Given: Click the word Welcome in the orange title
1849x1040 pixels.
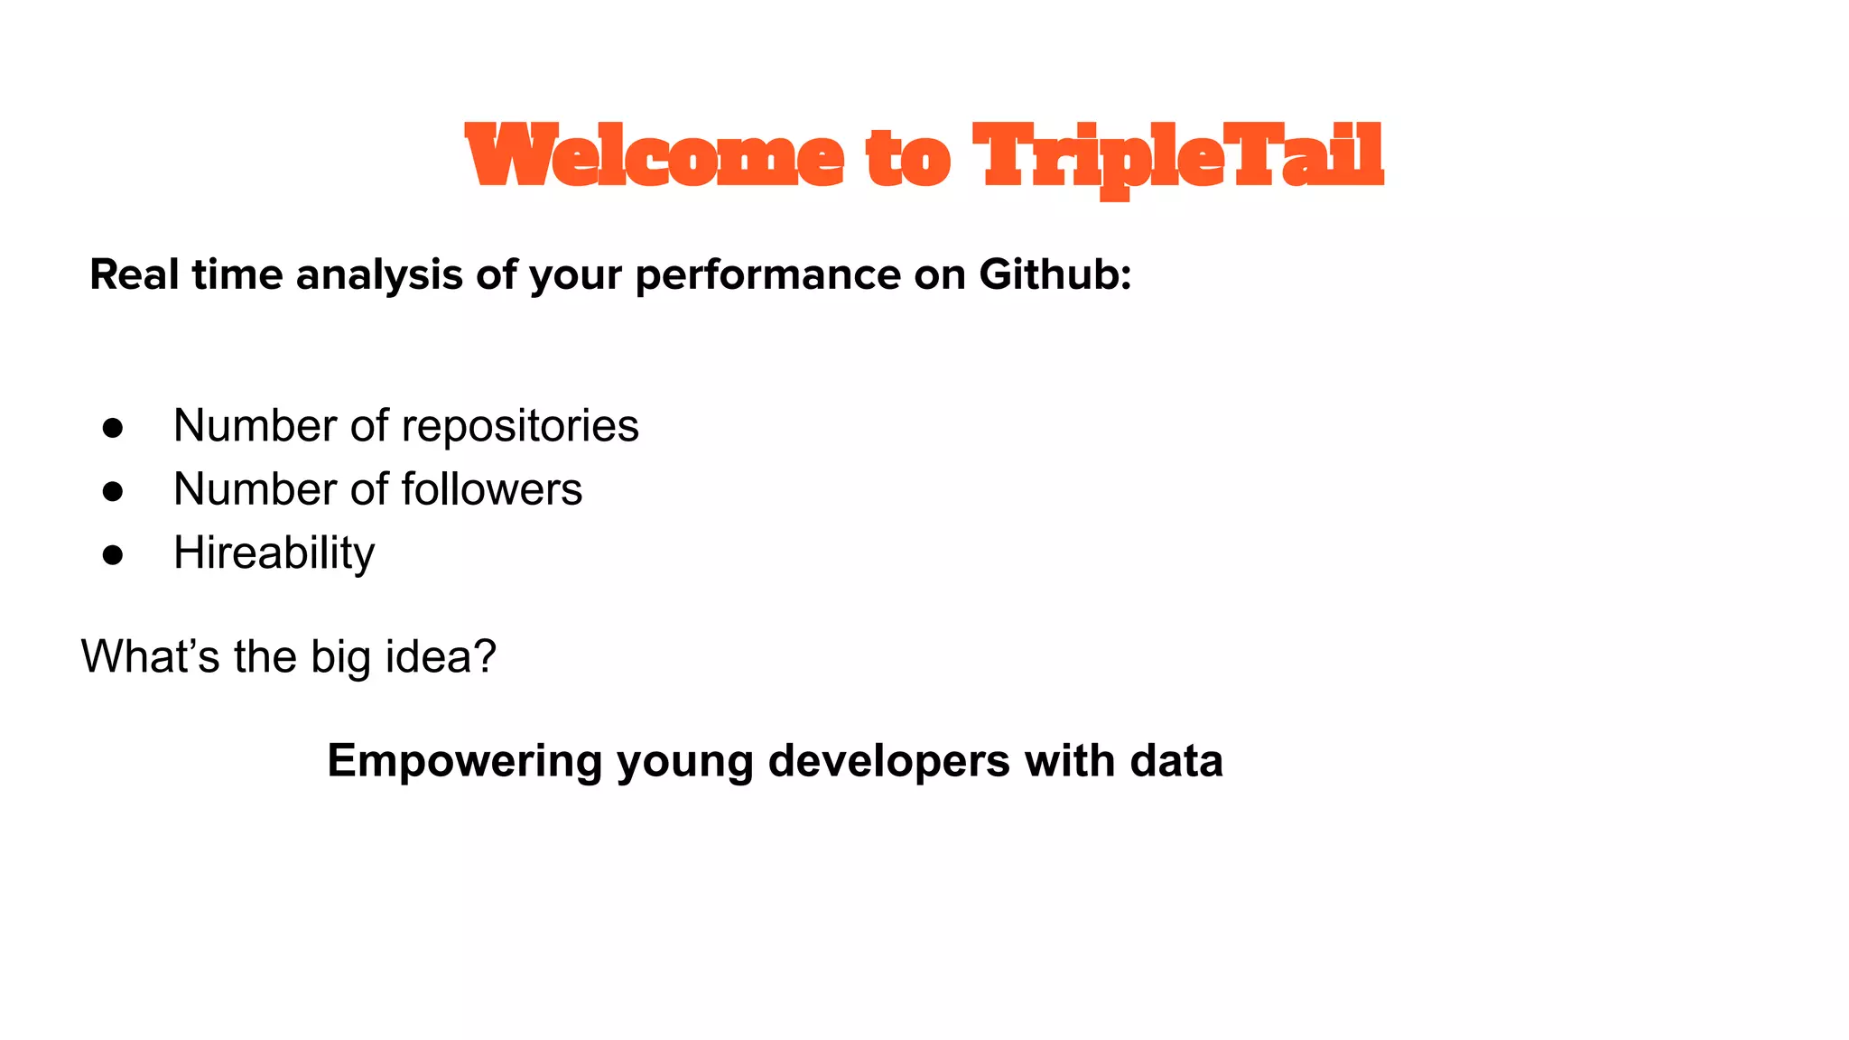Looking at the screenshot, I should [x=655, y=156].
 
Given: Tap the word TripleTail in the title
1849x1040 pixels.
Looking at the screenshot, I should [x=1178, y=156].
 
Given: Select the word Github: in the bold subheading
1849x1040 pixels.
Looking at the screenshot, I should [x=1055, y=274].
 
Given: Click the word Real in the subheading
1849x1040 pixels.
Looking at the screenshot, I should [x=135, y=274].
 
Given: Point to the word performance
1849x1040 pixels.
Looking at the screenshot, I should [x=767, y=274].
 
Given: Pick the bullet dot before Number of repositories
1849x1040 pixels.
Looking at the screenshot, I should [x=113, y=428].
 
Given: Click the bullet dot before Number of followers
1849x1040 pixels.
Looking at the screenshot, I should [x=113, y=491].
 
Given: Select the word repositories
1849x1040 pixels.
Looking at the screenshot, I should [x=520, y=426].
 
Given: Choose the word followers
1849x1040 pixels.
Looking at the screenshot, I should [x=491, y=489].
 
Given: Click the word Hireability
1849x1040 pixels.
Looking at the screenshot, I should [x=274, y=552].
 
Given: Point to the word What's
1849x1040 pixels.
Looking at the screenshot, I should [x=150, y=656].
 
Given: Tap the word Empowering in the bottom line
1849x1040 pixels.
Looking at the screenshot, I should [x=464, y=761].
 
